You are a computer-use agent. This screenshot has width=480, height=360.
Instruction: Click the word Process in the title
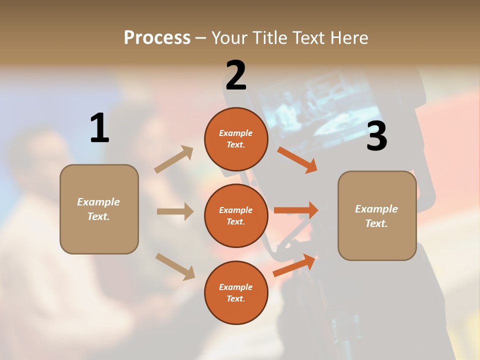tap(157, 37)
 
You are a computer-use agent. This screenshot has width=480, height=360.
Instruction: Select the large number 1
tap(99, 128)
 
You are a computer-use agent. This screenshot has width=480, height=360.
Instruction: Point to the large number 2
tap(236, 75)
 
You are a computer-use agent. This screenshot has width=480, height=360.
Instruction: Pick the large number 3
tap(376, 136)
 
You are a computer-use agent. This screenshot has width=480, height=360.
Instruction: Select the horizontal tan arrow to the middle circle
tap(175, 211)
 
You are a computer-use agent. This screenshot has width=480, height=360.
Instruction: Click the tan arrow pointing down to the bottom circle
tap(175, 266)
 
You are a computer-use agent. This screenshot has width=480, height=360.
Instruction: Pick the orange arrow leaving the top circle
tap(297, 159)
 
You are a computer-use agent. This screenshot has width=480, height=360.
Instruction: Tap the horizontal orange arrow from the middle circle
tap(296, 210)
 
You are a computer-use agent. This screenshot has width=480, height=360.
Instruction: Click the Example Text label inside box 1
tap(98, 209)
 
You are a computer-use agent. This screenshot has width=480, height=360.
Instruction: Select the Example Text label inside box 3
tap(376, 216)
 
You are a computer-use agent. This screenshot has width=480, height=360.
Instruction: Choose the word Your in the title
tap(230, 37)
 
